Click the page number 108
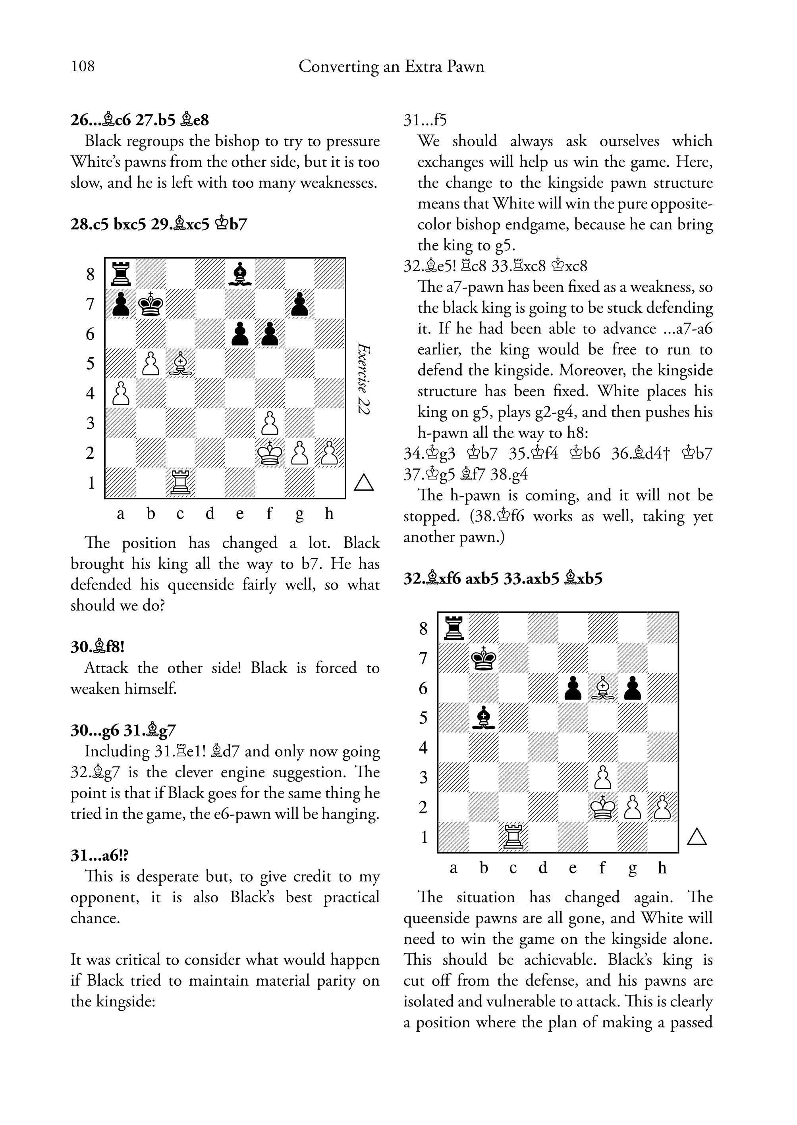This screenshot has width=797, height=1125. [x=83, y=66]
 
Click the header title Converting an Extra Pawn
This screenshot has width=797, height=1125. [x=391, y=66]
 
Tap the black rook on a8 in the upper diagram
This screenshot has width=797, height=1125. [x=121, y=274]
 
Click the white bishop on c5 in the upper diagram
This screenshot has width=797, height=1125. [x=181, y=364]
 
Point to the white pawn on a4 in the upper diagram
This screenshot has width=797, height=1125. [x=121, y=393]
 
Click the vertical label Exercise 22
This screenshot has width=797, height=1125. [x=364, y=378]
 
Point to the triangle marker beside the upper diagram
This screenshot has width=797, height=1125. [x=364, y=483]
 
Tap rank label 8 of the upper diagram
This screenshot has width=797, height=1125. [x=90, y=274]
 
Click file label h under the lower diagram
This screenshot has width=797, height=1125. [x=662, y=868]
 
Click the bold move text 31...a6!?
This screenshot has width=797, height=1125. [x=100, y=855]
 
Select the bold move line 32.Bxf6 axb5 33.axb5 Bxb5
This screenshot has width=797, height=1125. [x=502, y=578]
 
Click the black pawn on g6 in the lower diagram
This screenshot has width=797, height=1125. [x=633, y=688]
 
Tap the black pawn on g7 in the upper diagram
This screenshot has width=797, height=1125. [x=299, y=304]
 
